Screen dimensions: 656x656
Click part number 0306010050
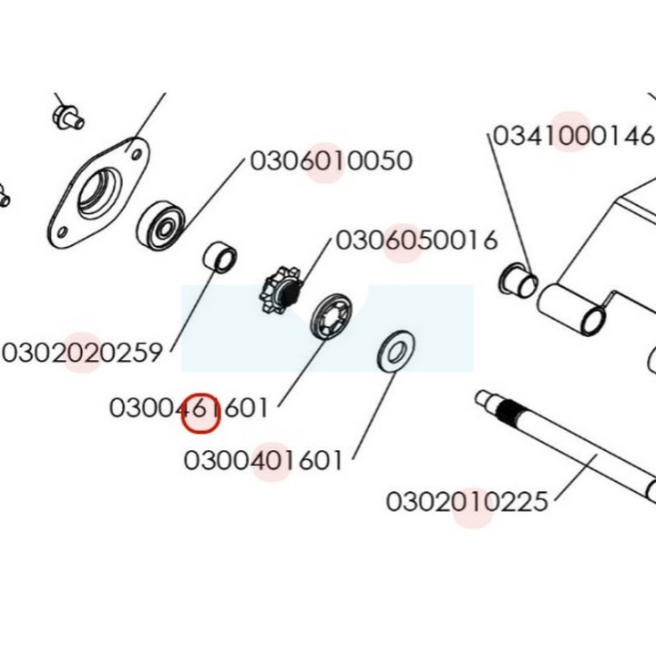click(331, 160)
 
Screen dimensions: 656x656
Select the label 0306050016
click(416, 241)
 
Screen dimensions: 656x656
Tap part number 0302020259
click(82, 353)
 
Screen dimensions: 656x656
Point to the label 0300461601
click(189, 407)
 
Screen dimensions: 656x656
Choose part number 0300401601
click(263, 460)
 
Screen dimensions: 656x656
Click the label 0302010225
click(466, 501)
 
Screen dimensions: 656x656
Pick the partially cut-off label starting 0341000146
click(574, 136)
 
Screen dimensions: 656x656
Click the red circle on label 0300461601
click(200, 414)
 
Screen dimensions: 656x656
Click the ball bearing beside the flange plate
click(161, 225)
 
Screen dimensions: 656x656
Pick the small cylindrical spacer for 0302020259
click(220, 256)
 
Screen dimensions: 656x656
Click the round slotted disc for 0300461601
click(331, 315)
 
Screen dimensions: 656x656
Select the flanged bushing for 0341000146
click(518, 281)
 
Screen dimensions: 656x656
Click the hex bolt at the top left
click(67, 117)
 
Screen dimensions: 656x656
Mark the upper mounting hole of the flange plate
click(136, 155)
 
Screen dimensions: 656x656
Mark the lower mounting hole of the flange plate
click(62, 231)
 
